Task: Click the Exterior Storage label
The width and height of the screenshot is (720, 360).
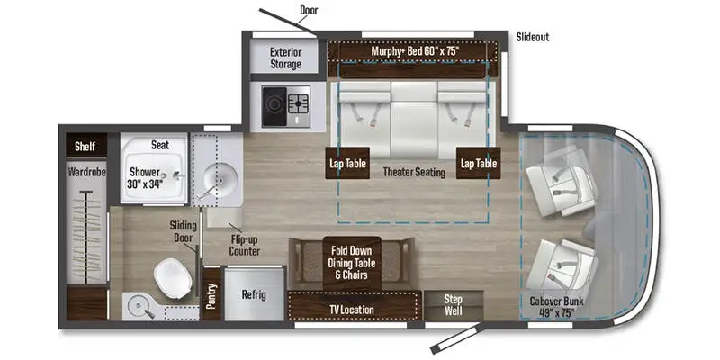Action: coord(286,58)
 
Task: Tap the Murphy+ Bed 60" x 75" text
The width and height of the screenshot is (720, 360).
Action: coord(415,51)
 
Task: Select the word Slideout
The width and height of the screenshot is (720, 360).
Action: coord(532,37)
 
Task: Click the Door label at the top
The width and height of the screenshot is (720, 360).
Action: coord(310,11)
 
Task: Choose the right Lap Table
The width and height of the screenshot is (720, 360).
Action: coord(477,166)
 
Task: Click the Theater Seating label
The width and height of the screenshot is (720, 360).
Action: coord(413,172)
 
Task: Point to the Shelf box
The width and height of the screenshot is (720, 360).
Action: coord(85,145)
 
